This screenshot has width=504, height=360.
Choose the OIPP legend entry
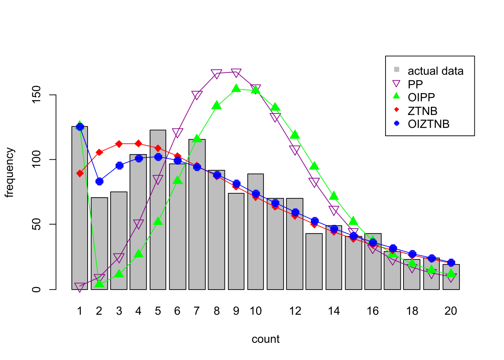pyautogui.click(x=421, y=97)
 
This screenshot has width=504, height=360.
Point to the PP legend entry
pyautogui.click(x=415, y=84)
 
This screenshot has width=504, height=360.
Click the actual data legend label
pyautogui.click(x=436, y=71)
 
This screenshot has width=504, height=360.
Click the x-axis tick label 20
pyautogui.click(x=451, y=311)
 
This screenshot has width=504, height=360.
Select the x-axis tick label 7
pyautogui.click(x=197, y=311)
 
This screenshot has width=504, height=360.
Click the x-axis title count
pyautogui.click(x=265, y=339)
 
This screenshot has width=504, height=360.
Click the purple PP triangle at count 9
pyautogui.click(x=236, y=72)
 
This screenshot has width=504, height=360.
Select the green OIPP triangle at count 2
pyautogui.click(x=99, y=283)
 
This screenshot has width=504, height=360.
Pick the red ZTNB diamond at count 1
pyautogui.click(x=80, y=173)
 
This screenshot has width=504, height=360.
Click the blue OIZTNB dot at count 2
pyautogui.click(x=99, y=181)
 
